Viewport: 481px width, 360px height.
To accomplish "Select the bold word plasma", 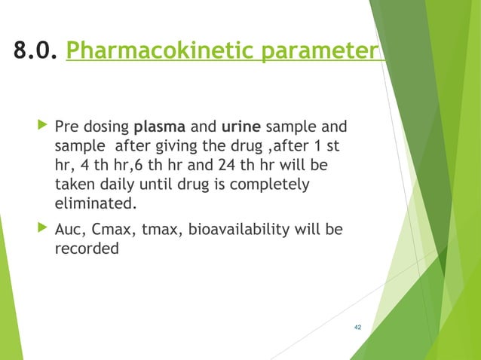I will pos(161,124).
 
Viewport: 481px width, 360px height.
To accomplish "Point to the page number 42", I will pos(357,327).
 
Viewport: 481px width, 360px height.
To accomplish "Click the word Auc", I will pos(71,230).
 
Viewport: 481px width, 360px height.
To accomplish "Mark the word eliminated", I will pos(97,203).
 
